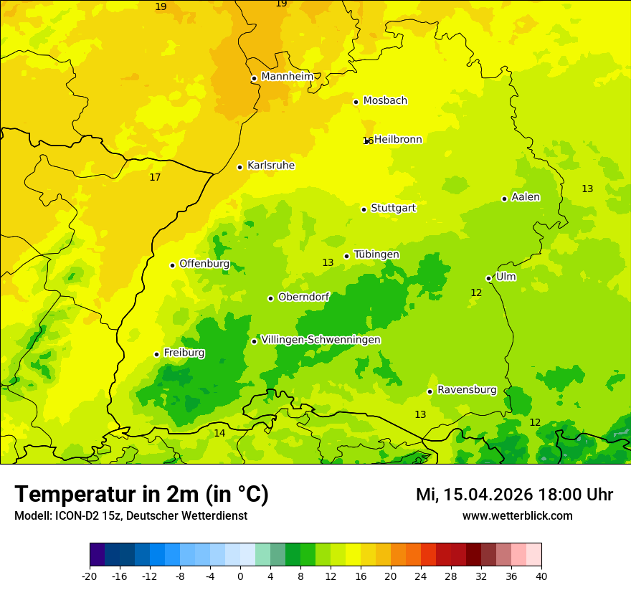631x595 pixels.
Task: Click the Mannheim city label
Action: point(287,77)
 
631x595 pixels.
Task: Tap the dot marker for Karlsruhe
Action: point(239,167)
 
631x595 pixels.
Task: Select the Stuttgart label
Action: point(393,208)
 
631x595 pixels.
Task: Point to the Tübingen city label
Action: point(376,254)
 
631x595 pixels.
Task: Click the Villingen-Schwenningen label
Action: point(321,340)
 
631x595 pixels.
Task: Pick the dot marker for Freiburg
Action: point(156,354)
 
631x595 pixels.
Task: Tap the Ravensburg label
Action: point(466,390)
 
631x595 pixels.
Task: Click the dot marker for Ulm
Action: point(488,278)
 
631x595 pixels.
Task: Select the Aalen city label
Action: point(525,197)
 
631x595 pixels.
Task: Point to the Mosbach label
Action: point(384,101)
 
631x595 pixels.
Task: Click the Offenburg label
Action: point(204,264)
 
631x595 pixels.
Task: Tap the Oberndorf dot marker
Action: point(270,298)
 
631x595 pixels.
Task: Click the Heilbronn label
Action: point(398,140)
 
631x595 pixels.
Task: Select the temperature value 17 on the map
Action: point(155,177)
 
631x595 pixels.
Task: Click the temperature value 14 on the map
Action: point(219,433)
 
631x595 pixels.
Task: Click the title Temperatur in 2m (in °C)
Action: point(141,494)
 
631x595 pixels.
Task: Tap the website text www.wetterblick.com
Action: point(517,515)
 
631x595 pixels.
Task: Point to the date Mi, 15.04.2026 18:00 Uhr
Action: point(514,495)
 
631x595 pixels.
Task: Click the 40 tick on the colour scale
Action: point(541,576)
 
